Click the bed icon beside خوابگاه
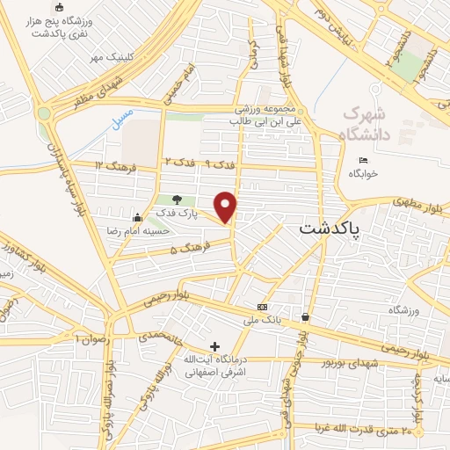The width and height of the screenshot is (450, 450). [x=364, y=160]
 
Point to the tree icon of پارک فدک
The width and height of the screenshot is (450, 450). [x=178, y=200]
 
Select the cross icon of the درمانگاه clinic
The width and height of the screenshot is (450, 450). [x=215, y=346]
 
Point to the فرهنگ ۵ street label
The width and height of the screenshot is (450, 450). [x=186, y=250]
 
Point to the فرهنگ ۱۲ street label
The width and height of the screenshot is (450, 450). [x=112, y=165]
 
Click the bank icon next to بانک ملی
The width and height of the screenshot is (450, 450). [x=262, y=307]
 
